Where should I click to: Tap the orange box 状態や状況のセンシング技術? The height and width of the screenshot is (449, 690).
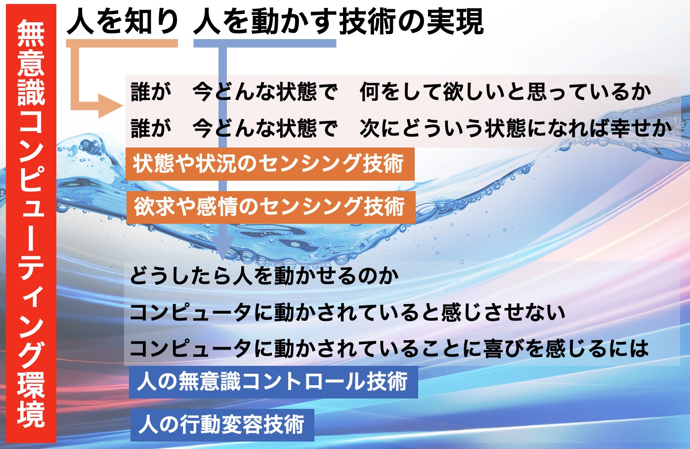[x=270, y=164]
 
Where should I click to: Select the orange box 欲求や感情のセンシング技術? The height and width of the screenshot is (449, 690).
[x=271, y=207]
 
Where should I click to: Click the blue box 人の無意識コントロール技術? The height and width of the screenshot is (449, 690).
[x=273, y=382]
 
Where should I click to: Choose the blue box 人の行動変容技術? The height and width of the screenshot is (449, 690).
[x=222, y=425]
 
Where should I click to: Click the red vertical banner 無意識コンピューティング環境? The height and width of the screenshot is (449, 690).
[x=31, y=223]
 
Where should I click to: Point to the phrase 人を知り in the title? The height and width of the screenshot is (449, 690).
[x=122, y=22]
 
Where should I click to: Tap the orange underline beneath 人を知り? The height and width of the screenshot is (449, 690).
[x=122, y=43]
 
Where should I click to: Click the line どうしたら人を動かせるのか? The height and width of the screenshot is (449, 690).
[x=264, y=276]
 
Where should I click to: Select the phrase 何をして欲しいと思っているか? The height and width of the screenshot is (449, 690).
[x=505, y=92]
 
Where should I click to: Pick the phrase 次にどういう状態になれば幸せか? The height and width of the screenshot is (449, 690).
[x=516, y=128]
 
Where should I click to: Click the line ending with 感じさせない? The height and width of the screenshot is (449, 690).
[x=347, y=312]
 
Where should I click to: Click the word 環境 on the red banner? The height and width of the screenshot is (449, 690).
[x=31, y=399]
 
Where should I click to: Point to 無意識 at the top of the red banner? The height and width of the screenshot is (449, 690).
[x=31, y=63]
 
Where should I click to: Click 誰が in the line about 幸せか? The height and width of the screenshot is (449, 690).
[x=151, y=128]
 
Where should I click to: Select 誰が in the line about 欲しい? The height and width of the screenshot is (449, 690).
[x=151, y=92]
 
